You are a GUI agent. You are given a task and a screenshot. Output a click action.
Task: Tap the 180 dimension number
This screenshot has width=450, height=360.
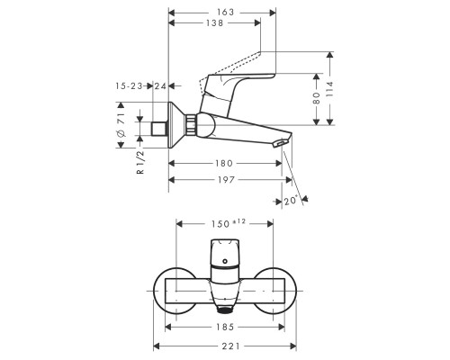pyautogui.click(x=226, y=164)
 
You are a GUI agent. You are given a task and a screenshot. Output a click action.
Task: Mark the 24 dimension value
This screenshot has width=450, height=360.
pyautogui.click(x=161, y=85)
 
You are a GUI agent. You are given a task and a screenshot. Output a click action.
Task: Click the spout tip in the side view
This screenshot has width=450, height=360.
pyautogui.click(x=283, y=143)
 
